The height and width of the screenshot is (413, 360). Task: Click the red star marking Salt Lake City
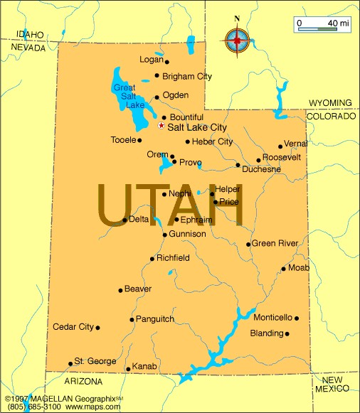(161, 125)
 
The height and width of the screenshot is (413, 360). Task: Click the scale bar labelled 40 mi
(322, 26)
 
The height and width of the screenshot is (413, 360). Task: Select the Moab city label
(299, 268)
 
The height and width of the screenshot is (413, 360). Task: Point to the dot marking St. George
(70, 363)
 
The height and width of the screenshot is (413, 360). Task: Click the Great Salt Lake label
(125, 96)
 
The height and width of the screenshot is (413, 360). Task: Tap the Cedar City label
(73, 327)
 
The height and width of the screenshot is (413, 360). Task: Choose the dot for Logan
(166, 62)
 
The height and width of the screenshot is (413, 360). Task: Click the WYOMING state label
(330, 102)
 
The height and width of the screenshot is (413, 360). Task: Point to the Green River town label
(275, 243)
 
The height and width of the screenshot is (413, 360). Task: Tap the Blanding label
(266, 333)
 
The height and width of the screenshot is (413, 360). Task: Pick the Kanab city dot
(127, 369)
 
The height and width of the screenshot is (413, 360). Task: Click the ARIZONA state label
(84, 382)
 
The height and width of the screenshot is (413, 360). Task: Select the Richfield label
(173, 257)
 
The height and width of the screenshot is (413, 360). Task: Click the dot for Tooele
(139, 140)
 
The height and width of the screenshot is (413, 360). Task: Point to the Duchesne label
(262, 169)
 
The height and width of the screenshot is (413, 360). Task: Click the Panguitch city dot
(132, 320)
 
